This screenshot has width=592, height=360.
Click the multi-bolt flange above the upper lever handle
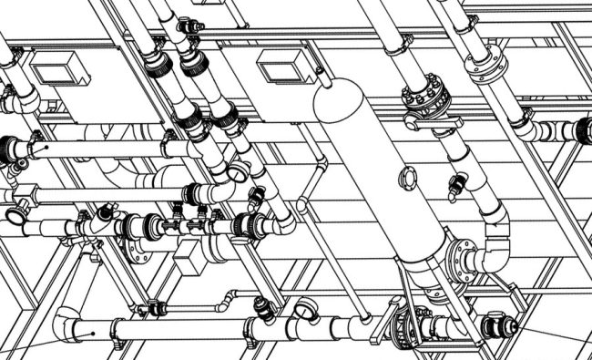coord(420,95)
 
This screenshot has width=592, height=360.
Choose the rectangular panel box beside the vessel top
coord(275,66)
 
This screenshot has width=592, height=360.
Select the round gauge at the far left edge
coord(15,216)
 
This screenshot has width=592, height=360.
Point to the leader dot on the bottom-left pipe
coord(94,333)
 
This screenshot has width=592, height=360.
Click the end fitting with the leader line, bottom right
coord(500,325)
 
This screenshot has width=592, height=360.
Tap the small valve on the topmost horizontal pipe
coord(190,26)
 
